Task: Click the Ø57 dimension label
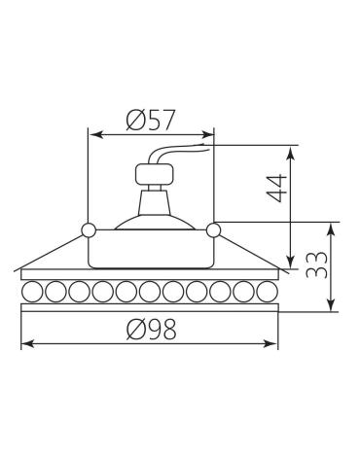pos(151,120)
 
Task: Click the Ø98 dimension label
pos(152,329)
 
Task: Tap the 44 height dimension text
pos(276,188)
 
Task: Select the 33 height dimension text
pos(316,264)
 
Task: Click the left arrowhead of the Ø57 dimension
pos(95,134)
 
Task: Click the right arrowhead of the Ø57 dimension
pos(207,134)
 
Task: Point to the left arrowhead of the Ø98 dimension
pos(28,343)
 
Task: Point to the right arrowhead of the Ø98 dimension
pos(271,343)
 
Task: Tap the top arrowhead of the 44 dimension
pos(292,153)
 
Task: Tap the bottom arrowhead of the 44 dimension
pos(292,262)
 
